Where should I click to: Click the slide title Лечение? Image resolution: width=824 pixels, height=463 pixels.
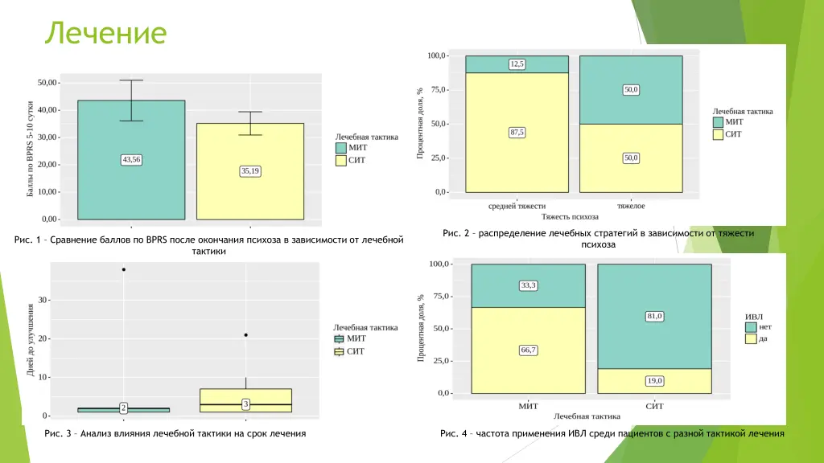pyautogui.click(x=105, y=33)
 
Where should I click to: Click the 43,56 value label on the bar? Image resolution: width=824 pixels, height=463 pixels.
pyautogui.click(x=130, y=159)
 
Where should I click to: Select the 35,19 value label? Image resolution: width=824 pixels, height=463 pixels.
pyautogui.click(x=250, y=170)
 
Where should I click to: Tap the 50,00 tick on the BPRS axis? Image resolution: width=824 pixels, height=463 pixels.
pyautogui.click(x=47, y=83)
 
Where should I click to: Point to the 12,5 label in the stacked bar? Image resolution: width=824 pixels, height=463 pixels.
pyautogui.click(x=517, y=64)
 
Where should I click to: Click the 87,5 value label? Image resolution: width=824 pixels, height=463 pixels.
pyautogui.click(x=517, y=133)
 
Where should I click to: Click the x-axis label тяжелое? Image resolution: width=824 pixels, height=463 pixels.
pyautogui.click(x=631, y=206)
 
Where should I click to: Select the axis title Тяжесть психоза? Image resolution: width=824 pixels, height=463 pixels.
pyautogui.click(x=570, y=217)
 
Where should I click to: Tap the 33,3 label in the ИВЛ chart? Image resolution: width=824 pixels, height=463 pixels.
pyautogui.click(x=529, y=285)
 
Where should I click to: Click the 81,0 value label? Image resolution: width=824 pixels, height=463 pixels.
pyautogui.click(x=654, y=316)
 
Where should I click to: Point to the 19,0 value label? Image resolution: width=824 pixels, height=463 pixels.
pyautogui.click(x=654, y=380)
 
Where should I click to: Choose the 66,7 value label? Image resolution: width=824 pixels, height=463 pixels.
pyautogui.click(x=529, y=350)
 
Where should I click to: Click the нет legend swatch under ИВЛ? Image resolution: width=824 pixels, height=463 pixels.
pyautogui.click(x=751, y=327)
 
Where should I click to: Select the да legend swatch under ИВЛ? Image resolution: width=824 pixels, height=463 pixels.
pyautogui.click(x=751, y=339)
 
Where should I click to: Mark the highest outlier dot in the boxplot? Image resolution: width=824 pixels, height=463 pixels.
pyautogui.click(x=124, y=269)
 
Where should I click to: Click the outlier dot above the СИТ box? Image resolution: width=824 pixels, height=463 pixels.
pyautogui.click(x=245, y=335)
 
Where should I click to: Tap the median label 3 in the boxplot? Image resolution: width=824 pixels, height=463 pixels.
pyautogui.click(x=245, y=404)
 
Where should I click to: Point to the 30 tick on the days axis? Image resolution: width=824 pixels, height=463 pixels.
pyautogui.click(x=43, y=300)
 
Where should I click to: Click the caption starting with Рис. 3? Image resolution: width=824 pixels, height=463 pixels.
pyautogui.click(x=175, y=434)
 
